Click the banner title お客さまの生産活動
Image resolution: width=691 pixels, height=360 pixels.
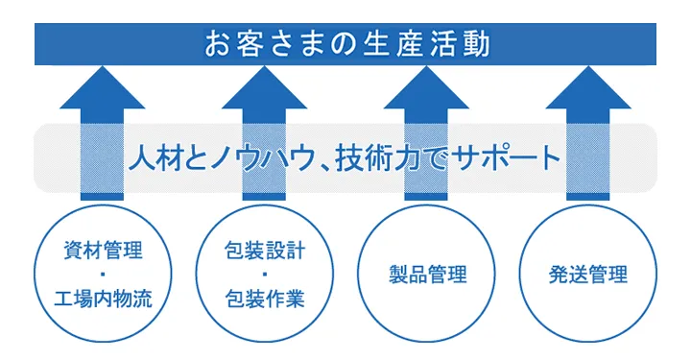[345, 44]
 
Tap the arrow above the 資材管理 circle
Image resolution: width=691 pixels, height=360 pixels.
[101, 96]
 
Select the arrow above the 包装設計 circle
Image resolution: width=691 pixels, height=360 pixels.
[264, 96]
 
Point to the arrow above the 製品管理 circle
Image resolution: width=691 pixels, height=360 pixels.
[426, 96]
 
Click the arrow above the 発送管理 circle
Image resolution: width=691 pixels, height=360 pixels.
[588, 96]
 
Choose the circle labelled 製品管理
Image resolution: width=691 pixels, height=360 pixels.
[426, 275]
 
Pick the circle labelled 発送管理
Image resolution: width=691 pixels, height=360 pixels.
[588, 275]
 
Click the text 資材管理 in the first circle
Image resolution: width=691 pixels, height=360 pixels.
[101, 252]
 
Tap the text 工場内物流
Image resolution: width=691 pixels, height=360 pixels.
[101, 300]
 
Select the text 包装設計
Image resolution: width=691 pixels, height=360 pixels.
[264, 252]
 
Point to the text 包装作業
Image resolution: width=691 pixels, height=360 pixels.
[264, 300]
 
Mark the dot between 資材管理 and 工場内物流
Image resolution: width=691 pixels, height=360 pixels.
[101, 276]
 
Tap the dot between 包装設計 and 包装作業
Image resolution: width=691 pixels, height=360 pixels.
[264, 276]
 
